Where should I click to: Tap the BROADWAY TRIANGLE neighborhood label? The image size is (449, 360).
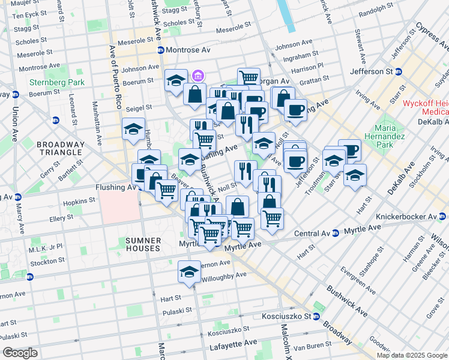tap(59, 148)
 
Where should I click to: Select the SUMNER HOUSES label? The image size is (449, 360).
tap(143, 244)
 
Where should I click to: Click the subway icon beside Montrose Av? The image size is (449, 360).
tap(160, 50)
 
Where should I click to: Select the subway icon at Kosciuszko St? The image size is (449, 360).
tap(316, 316)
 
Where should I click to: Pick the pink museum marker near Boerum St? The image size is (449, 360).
tap(198, 76)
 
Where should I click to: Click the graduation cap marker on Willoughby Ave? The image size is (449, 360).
tap(189, 271)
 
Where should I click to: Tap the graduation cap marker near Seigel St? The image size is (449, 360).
tap(133, 128)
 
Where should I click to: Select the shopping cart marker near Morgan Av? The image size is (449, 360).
tap(248, 77)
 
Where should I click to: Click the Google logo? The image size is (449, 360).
tap(20, 353)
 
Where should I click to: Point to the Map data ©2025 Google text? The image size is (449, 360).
tap(412, 355)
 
